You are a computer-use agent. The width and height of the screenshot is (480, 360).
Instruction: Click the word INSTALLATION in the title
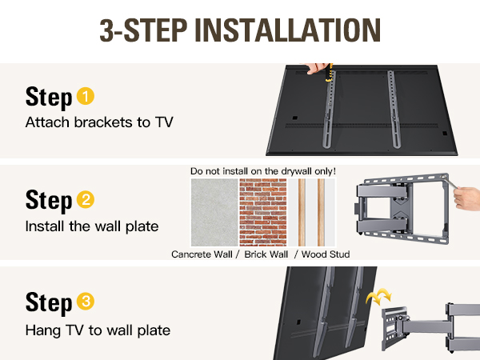tap(287, 30)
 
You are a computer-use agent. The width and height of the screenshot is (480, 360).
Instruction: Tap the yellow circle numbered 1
tap(86, 97)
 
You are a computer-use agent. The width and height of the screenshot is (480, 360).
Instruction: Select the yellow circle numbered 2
tap(86, 199)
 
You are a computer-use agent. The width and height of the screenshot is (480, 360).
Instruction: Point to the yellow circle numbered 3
tap(86, 302)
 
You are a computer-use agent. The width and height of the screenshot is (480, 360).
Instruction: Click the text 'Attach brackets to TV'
tap(99, 122)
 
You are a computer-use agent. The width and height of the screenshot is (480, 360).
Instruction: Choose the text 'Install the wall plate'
tap(92, 226)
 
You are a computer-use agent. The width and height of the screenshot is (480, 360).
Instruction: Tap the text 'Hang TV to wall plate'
tap(98, 330)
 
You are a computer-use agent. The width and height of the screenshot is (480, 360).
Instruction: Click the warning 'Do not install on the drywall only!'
tap(263, 171)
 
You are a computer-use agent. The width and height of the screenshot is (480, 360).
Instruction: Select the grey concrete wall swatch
tap(214, 212)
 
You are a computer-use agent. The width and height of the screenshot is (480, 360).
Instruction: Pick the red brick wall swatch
tap(263, 212)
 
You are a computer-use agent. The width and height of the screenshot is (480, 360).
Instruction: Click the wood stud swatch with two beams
tap(312, 212)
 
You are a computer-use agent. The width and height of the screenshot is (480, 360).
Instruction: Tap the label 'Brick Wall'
tap(266, 254)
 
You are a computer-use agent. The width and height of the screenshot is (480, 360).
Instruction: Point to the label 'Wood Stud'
tap(326, 254)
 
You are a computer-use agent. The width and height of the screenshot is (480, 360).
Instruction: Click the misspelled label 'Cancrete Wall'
tap(202, 254)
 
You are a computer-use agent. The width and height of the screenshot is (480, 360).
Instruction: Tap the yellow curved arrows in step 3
tap(379, 296)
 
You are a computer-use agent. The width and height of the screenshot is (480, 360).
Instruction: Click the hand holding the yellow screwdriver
tap(315, 68)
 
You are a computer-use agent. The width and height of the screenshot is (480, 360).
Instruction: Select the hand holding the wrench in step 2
tap(467, 198)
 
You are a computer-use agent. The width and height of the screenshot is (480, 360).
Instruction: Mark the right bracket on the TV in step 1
tap(394, 110)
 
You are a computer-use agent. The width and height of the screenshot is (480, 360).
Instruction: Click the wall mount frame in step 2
tap(402, 208)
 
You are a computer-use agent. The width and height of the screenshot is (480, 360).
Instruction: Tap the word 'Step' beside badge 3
tap(49, 303)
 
